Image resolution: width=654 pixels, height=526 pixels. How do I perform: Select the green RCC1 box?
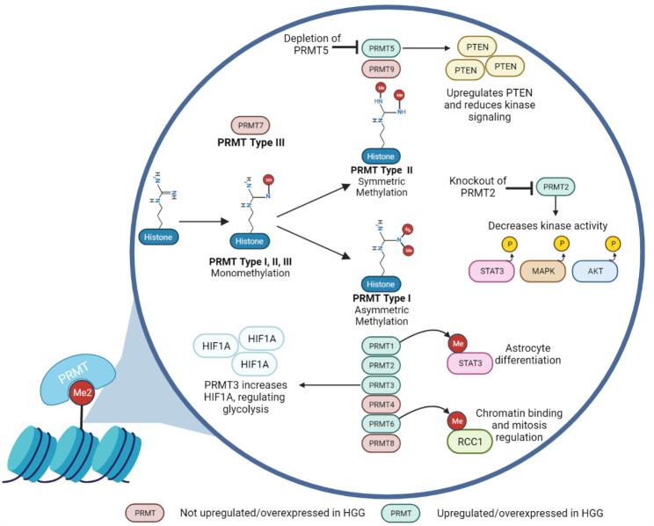472,441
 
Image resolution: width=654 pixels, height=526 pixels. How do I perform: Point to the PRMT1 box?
382,346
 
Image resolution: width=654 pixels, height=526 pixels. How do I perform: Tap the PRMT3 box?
382,384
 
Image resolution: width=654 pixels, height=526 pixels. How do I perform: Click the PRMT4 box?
382,404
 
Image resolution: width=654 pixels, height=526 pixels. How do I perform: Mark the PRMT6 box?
382,423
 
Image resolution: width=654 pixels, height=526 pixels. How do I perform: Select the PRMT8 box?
382,442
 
